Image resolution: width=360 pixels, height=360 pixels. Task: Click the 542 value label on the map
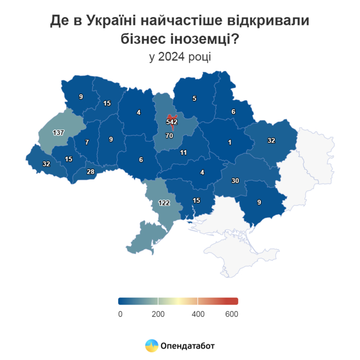coord(172,122)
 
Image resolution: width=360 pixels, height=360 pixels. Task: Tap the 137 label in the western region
coord(58,133)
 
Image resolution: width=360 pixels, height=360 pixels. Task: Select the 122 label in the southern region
coord(164,203)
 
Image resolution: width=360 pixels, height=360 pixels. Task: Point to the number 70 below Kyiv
coord(169,136)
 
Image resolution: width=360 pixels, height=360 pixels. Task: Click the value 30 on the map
coord(235,181)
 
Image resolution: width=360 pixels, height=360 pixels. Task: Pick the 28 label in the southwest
coord(91,171)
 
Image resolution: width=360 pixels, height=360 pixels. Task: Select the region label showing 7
coord(87,142)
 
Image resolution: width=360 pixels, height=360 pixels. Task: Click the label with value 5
coord(194,98)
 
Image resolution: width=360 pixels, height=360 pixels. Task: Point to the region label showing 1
coord(230,142)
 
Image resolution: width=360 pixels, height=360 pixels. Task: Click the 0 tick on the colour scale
coord(120,314)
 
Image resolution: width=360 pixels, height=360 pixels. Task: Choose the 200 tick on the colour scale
coord(158,314)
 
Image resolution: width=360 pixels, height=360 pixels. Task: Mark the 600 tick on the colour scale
coord(232,314)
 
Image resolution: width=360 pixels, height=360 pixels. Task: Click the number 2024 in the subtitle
coord(172,57)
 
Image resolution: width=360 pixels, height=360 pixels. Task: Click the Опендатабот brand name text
coord(187,346)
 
